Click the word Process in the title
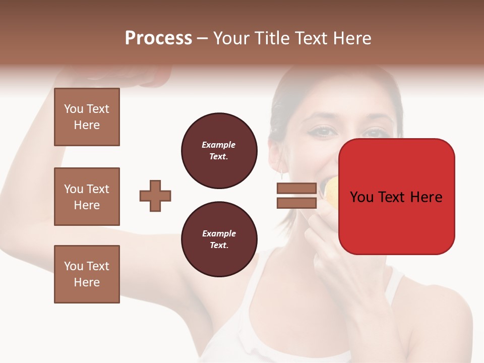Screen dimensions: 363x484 [x=158, y=38]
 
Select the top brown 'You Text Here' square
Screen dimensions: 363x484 [x=87, y=117]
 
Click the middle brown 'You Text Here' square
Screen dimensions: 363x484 [x=87, y=197]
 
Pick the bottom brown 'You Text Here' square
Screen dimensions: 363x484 [x=87, y=274]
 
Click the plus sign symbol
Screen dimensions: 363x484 [x=155, y=196]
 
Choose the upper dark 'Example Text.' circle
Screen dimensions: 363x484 [x=219, y=151]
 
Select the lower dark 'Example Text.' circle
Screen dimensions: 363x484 [x=219, y=239]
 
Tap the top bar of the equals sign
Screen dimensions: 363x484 [x=296, y=188]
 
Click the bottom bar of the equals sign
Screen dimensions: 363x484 [x=296, y=203]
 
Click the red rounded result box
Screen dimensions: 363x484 [x=396, y=222]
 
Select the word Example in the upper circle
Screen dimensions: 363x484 [x=219, y=145]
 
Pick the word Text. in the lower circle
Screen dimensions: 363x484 [x=219, y=246]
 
